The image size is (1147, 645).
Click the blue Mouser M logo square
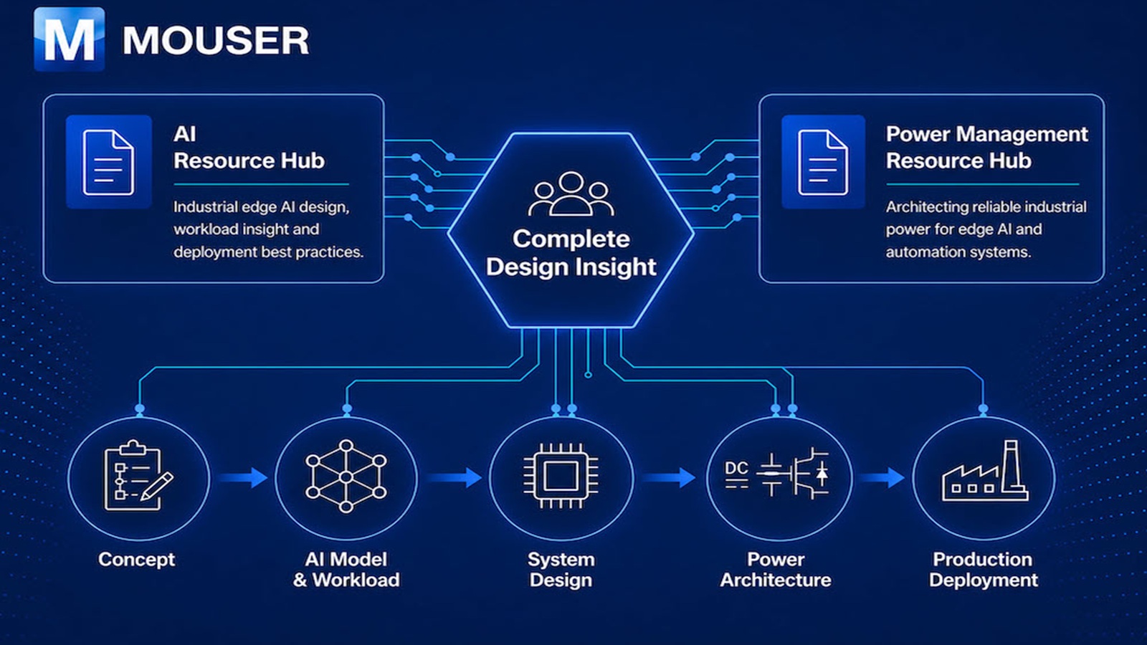(x=69, y=39)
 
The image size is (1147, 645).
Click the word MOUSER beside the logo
(x=216, y=40)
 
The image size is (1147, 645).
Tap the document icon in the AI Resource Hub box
(x=108, y=162)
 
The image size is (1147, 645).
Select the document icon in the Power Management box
(x=823, y=162)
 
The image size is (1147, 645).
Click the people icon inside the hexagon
(x=571, y=194)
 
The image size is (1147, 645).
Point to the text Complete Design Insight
(x=571, y=253)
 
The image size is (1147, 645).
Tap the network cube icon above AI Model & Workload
(x=346, y=476)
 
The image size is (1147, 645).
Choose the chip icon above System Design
(x=561, y=476)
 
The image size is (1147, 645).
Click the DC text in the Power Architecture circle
(x=736, y=468)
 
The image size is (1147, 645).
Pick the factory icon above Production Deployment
(x=985, y=471)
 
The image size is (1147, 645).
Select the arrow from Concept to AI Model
(x=244, y=477)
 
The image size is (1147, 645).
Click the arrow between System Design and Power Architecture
(x=670, y=477)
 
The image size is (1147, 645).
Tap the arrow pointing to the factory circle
(x=882, y=477)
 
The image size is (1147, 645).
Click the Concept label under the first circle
(x=137, y=560)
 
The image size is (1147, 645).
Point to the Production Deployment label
(x=983, y=570)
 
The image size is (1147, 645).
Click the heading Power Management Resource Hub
(x=986, y=148)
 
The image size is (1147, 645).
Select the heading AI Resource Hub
(x=249, y=148)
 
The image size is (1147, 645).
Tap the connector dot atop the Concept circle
(x=139, y=408)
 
